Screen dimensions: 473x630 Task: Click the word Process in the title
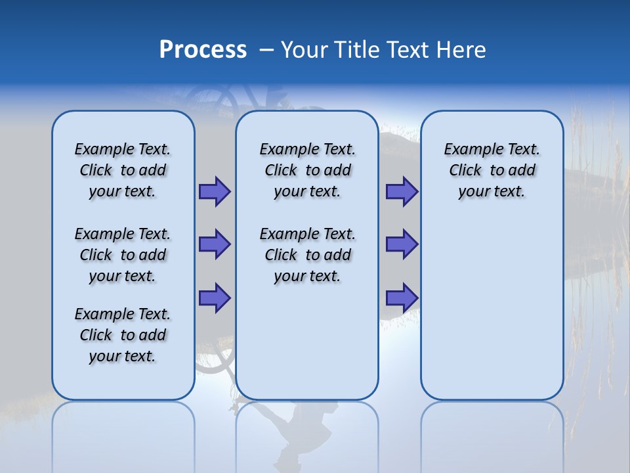click(x=203, y=50)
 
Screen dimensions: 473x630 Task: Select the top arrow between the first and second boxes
click(x=215, y=191)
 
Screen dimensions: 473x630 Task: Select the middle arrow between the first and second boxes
click(x=215, y=244)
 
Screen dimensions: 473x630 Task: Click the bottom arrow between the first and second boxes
click(x=215, y=298)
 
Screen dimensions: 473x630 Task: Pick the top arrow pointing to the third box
click(x=402, y=191)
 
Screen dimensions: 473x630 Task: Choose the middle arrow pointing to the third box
click(x=402, y=244)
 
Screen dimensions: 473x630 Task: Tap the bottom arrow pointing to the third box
click(x=402, y=298)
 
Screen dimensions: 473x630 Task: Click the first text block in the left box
click(x=123, y=170)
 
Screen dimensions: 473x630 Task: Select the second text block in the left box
click(x=123, y=255)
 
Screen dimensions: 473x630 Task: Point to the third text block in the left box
click(x=123, y=335)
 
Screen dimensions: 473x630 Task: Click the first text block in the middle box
click(x=307, y=170)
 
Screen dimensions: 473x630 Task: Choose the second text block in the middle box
click(x=307, y=255)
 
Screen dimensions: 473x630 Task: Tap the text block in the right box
click(x=492, y=170)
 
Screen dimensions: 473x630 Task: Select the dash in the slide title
click(x=266, y=50)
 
